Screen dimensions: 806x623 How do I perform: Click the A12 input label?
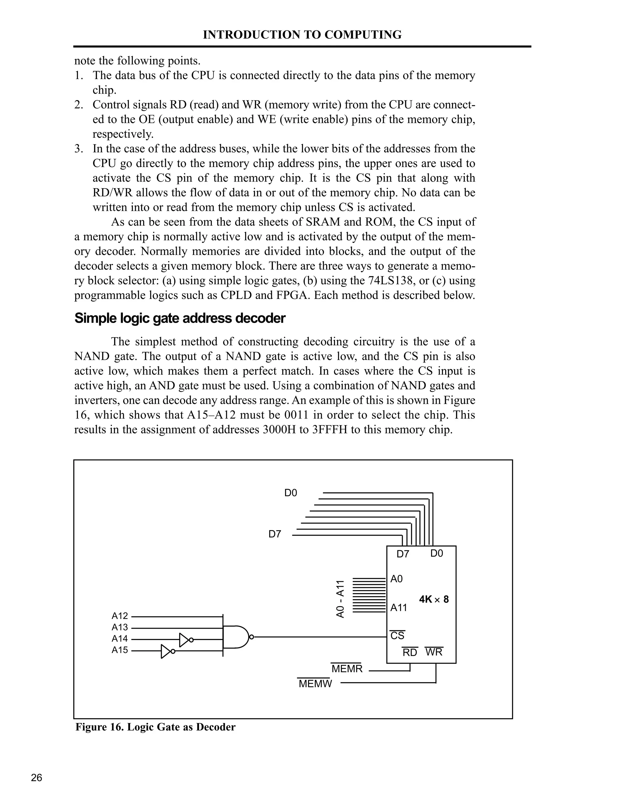120,616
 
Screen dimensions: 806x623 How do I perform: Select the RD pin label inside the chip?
410,652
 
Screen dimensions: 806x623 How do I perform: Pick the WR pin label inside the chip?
434,652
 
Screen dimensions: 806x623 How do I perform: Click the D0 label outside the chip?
291,493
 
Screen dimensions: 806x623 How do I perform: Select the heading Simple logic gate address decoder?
180,318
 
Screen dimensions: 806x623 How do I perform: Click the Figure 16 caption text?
155,727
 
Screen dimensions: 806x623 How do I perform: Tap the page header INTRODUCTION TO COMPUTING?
302,35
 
